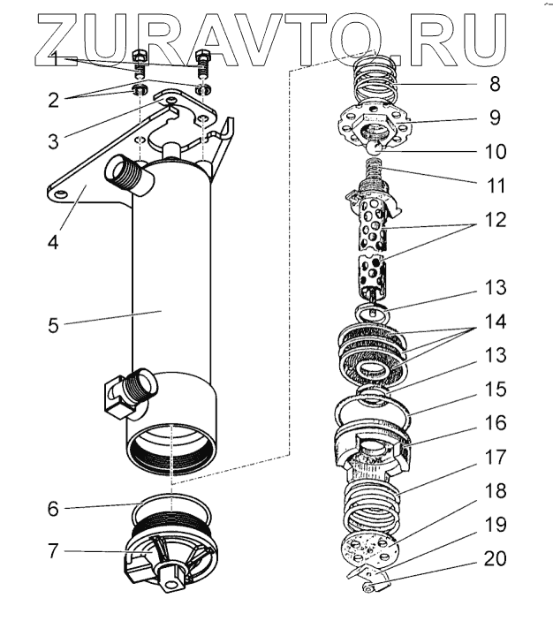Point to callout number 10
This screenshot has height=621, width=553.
pyautogui.click(x=496, y=151)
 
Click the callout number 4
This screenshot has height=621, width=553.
pyautogui.click(x=53, y=240)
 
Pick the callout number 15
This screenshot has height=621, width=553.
pyautogui.click(x=496, y=389)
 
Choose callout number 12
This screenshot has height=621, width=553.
pyautogui.click(x=496, y=219)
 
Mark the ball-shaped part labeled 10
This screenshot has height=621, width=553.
pyautogui.click(x=375, y=147)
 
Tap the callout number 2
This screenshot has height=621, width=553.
pyautogui.click(x=54, y=100)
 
